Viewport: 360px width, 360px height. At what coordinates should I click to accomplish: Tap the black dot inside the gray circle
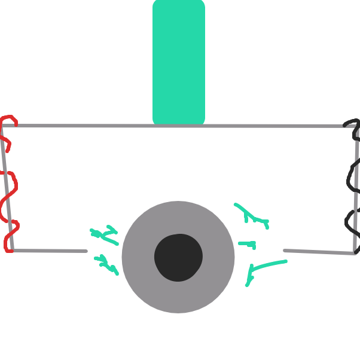178,257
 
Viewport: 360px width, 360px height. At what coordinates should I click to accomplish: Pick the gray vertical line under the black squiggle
356,197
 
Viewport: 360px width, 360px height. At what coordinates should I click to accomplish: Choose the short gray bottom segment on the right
320,252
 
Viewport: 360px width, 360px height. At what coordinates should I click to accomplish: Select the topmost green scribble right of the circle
251,215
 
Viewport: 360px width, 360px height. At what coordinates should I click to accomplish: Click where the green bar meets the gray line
179,125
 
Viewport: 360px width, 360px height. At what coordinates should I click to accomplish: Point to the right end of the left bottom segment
86,251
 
